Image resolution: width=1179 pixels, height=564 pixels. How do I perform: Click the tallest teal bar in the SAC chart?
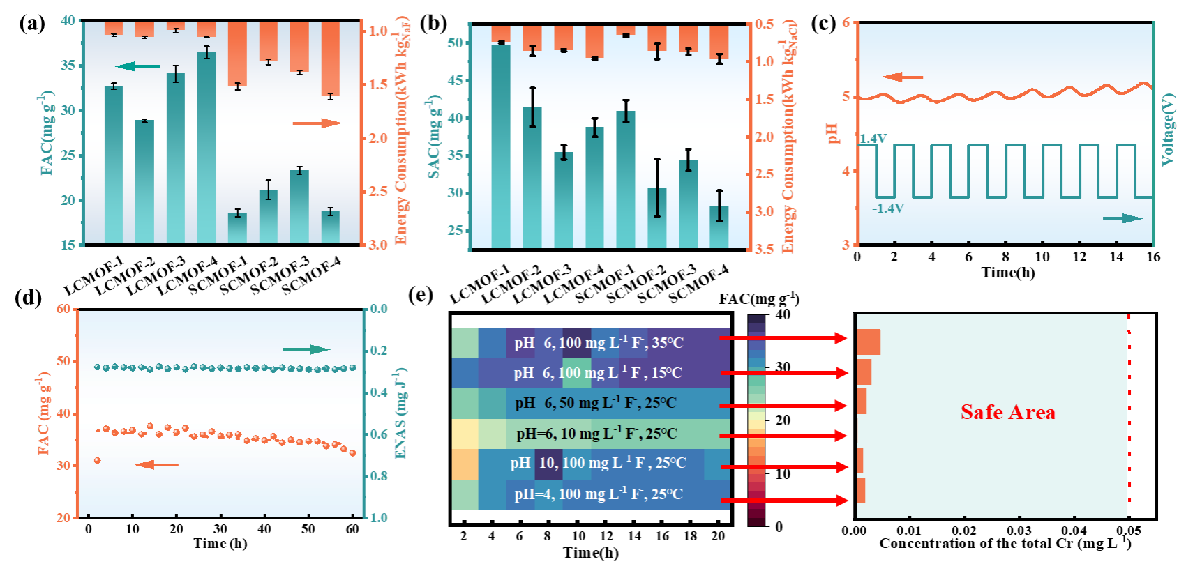click(501, 146)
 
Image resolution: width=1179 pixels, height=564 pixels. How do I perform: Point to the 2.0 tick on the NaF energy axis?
click(377, 138)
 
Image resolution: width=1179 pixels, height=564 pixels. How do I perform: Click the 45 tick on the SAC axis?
click(455, 80)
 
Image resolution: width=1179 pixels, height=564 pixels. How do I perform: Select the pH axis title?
click(833, 133)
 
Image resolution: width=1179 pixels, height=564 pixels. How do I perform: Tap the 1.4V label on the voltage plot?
click(873, 139)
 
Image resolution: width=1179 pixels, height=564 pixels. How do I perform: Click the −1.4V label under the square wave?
click(887, 208)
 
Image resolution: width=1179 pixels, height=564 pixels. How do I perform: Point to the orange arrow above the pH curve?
click(902, 77)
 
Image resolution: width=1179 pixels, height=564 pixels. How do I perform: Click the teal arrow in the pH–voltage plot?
click(1122, 218)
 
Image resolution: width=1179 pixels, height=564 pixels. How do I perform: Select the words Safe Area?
click(1007, 412)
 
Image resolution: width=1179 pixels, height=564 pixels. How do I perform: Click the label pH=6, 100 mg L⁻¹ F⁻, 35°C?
click(599, 343)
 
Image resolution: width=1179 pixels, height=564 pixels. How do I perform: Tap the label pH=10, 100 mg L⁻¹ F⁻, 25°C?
click(598, 463)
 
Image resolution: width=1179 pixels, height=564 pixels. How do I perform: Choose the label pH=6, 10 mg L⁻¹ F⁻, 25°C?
click(596, 434)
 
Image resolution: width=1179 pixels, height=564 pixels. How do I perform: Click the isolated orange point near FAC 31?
click(97, 460)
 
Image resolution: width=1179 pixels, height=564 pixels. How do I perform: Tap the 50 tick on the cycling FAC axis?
click(63, 361)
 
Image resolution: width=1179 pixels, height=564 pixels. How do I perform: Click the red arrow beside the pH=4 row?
click(784, 501)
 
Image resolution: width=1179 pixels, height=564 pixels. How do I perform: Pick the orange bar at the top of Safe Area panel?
click(869, 342)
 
